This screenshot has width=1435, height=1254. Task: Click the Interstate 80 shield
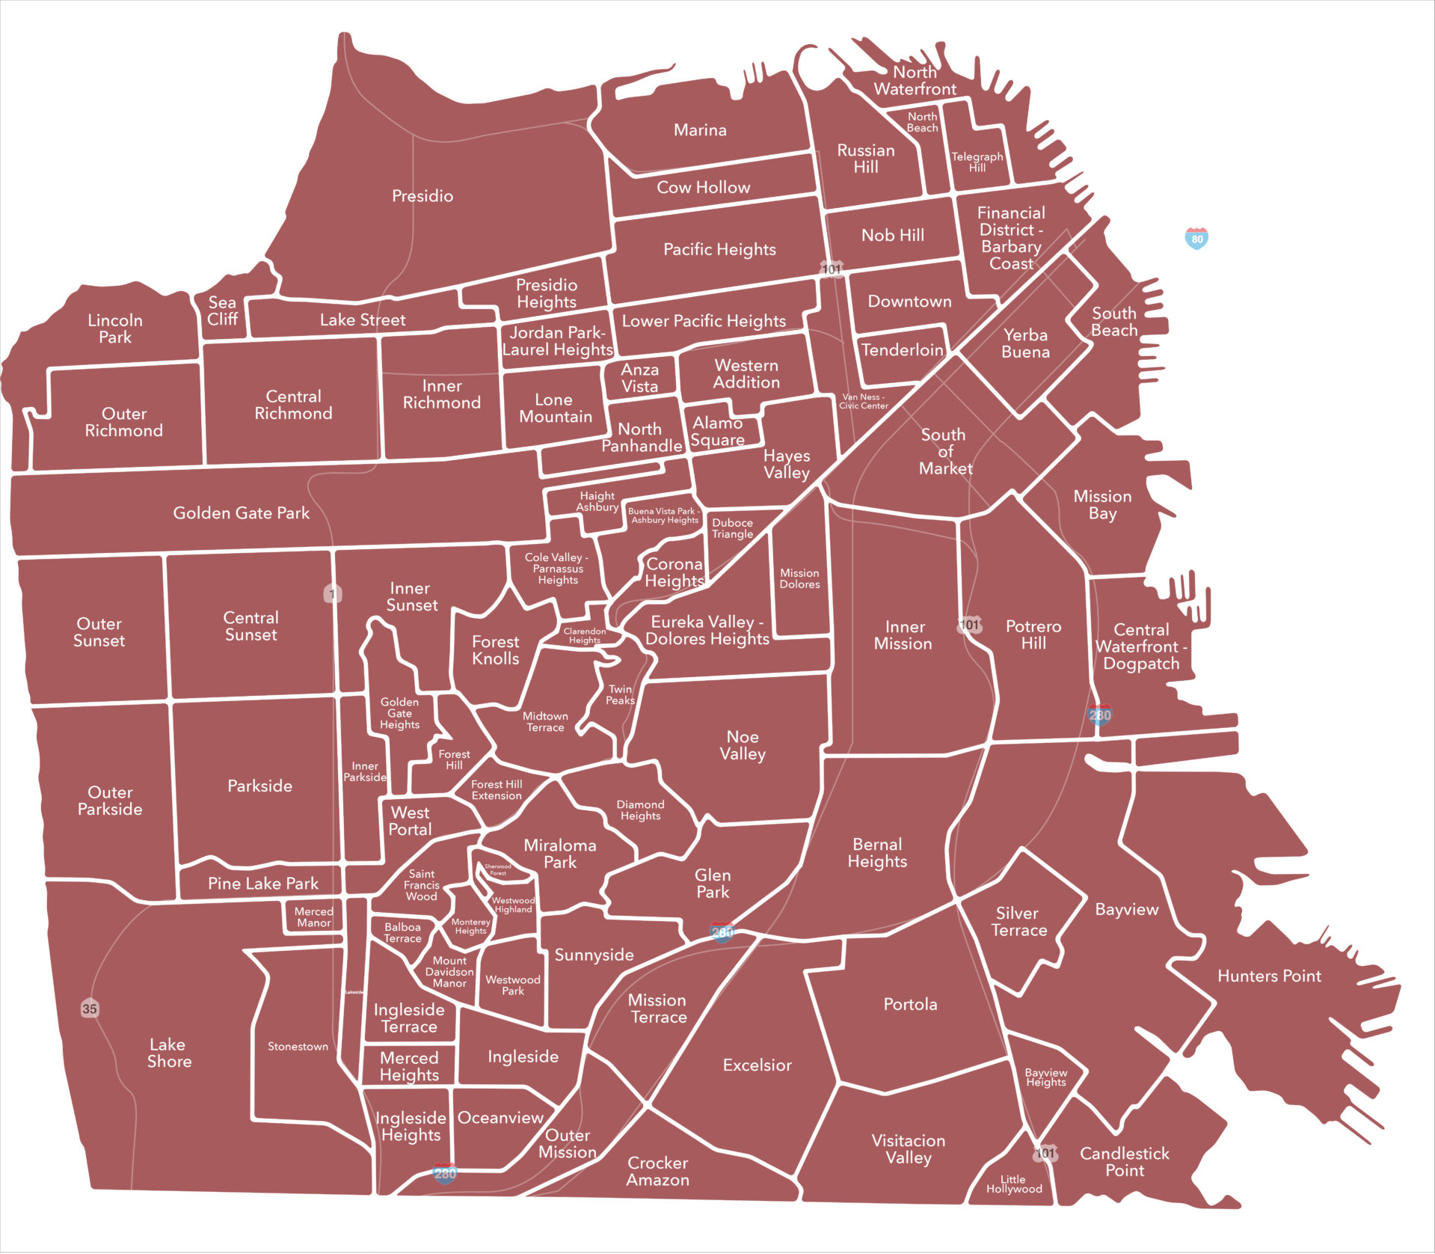click(x=1196, y=239)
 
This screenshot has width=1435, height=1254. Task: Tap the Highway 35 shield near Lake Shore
click(x=89, y=1009)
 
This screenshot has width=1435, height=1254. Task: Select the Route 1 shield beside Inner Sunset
click(x=332, y=594)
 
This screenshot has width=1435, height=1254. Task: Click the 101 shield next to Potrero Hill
click(x=969, y=625)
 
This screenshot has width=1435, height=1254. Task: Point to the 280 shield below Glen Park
click(x=722, y=932)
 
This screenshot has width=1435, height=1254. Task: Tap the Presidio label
click(x=422, y=196)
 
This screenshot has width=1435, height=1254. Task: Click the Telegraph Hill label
click(x=977, y=162)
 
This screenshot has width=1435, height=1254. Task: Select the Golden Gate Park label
click(x=241, y=513)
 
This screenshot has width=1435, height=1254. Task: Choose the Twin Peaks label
click(x=620, y=695)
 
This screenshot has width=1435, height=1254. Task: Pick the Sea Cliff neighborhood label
click(x=222, y=311)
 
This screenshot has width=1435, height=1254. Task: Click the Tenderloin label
click(x=902, y=350)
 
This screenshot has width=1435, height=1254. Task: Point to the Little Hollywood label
click(x=1013, y=1184)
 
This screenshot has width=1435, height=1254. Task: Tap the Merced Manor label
click(x=313, y=917)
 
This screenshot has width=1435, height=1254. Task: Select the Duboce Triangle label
click(x=732, y=528)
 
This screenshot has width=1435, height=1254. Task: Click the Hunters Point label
click(x=1269, y=976)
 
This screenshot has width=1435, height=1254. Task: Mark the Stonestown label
click(x=298, y=1047)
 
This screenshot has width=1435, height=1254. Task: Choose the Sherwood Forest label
click(x=498, y=869)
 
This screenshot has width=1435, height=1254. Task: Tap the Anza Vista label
click(x=639, y=378)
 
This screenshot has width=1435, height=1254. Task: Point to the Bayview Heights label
click(x=1045, y=1077)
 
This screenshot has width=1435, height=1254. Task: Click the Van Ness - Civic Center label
click(x=863, y=402)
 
